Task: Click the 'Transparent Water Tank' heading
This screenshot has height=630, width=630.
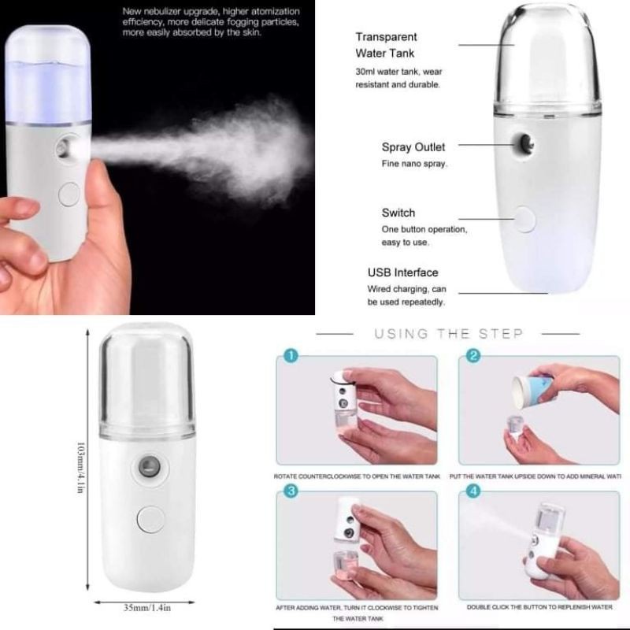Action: pyautogui.click(x=386, y=46)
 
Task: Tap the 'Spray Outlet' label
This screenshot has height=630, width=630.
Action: pyautogui.click(x=413, y=147)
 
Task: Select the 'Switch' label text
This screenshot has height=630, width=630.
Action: pyautogui.click(x=398, y=213)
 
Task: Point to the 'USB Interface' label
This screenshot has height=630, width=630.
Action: pyautogui.click(x=402, y=272)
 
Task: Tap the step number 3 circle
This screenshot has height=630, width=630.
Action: pyautogui.click(x=291, y=492)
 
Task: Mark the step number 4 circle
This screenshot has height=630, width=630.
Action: pyautogui.click(x=473, y=492)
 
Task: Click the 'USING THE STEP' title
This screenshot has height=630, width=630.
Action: pyautogui.click(x=449, y=334)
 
